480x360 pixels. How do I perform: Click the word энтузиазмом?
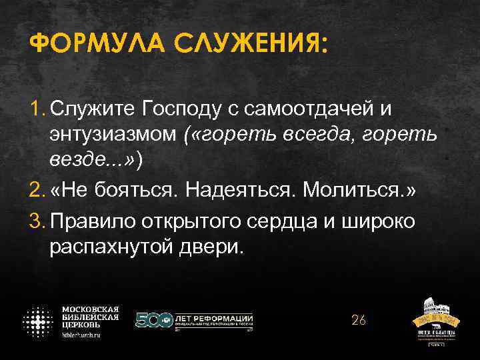[x=113, y=135]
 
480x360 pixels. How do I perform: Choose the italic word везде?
[x=75, y=163]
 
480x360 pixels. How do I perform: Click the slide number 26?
[x=359, y=321]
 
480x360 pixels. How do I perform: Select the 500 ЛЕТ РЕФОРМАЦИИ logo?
[x=194, y=321]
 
